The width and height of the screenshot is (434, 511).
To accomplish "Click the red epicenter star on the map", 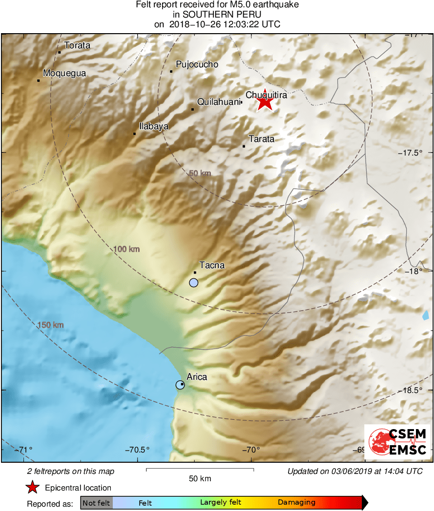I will pos(265,102).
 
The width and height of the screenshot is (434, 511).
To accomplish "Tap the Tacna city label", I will pos(212,265).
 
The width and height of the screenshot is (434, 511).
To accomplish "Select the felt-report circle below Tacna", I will pos(194,282).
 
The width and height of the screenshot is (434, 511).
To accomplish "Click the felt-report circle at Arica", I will pos(180,385).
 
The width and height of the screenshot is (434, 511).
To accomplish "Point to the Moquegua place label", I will pos(64,74).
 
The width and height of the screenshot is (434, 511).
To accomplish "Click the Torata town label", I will pos(77,45).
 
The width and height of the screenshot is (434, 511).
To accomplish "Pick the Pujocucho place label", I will pos(197,64).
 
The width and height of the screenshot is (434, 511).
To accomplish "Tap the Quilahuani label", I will pos(219,102).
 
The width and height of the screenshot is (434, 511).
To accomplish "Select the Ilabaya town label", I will pos(154,126).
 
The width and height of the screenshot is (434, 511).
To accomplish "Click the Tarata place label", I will pos(262,139).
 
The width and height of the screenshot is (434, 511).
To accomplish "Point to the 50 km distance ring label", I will pos(200,173).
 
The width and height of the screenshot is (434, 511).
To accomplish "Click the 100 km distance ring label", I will pos(126,249).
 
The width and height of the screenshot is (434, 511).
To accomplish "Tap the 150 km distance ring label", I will pos(50,325).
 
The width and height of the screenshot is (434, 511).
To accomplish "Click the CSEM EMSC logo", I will pos(397,442).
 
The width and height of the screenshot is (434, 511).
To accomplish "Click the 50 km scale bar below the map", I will pos(200,470).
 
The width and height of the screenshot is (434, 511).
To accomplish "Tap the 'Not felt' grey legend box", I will pos(97,503).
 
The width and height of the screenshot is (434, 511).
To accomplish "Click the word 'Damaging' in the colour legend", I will pos(297,503).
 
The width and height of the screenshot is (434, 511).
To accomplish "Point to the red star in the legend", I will pos(33,488).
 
